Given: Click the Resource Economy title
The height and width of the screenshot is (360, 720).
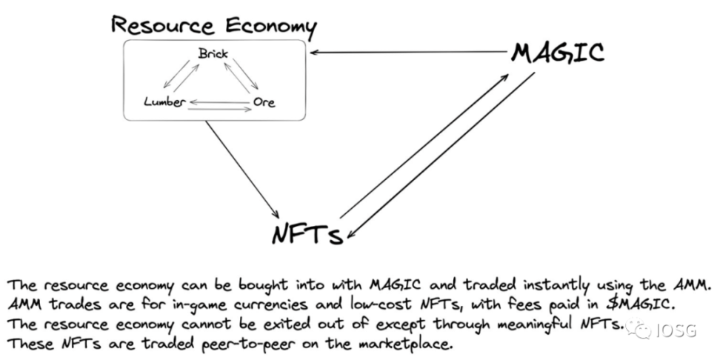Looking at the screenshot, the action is point(214,26).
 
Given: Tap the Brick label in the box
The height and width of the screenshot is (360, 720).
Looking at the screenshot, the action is point(213,54).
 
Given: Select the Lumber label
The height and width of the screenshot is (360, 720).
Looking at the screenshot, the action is point(165,101).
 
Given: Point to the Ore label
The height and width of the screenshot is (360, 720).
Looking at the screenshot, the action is point(264,101).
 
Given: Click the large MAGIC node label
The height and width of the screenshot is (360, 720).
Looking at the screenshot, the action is point(558,53).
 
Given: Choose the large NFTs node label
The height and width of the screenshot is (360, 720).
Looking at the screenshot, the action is point(307,234).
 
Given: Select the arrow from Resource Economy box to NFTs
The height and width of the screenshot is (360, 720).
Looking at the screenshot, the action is point(242,170).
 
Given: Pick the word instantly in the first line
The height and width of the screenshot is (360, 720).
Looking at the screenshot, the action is point(544,286).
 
